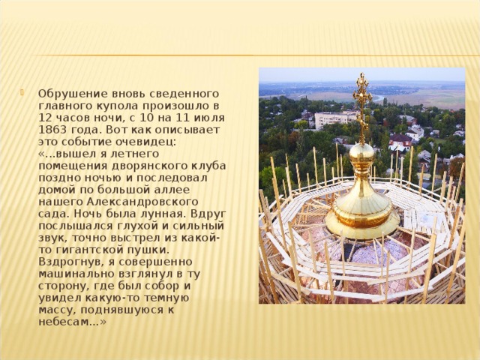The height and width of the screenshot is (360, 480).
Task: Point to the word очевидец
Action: click(150, 141)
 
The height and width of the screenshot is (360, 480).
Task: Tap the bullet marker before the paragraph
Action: click(28, 94)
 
